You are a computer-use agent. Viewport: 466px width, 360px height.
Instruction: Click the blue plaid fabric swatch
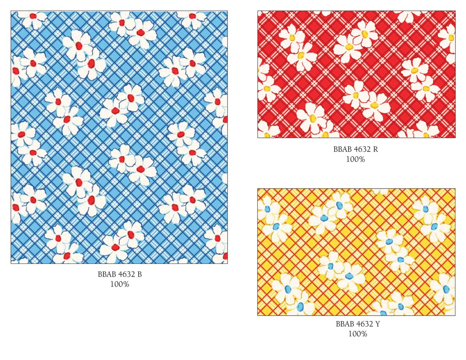119,137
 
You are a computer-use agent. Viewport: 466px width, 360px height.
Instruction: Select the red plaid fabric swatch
356,74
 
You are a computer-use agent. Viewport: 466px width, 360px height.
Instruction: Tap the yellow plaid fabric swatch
356,252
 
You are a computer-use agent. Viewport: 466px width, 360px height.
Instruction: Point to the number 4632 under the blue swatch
127,274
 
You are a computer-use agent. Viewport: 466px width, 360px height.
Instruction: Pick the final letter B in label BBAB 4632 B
139,274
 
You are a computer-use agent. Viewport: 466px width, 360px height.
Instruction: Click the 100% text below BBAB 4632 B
120,284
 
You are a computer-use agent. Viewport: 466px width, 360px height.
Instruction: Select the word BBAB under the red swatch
343,149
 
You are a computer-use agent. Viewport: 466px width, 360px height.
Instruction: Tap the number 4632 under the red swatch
362,149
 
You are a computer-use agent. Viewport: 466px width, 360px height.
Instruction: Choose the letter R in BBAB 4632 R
375,149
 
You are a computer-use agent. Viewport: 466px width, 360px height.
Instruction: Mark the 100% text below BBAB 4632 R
355,159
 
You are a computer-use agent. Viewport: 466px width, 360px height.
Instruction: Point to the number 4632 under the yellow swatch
365,324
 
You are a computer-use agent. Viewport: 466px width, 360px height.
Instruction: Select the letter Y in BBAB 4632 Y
378,324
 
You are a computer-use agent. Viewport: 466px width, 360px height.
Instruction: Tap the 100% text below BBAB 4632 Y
358,334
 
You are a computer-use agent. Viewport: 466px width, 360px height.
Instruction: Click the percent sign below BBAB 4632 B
126,284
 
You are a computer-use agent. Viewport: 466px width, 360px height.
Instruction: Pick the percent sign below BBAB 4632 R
361,159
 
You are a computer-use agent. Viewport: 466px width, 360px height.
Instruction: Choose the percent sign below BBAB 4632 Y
363,334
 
